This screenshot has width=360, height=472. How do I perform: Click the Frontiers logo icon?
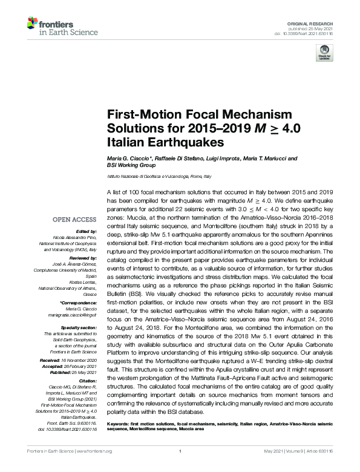(33, 24)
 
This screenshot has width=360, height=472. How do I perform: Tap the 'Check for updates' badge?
(324, 53)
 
